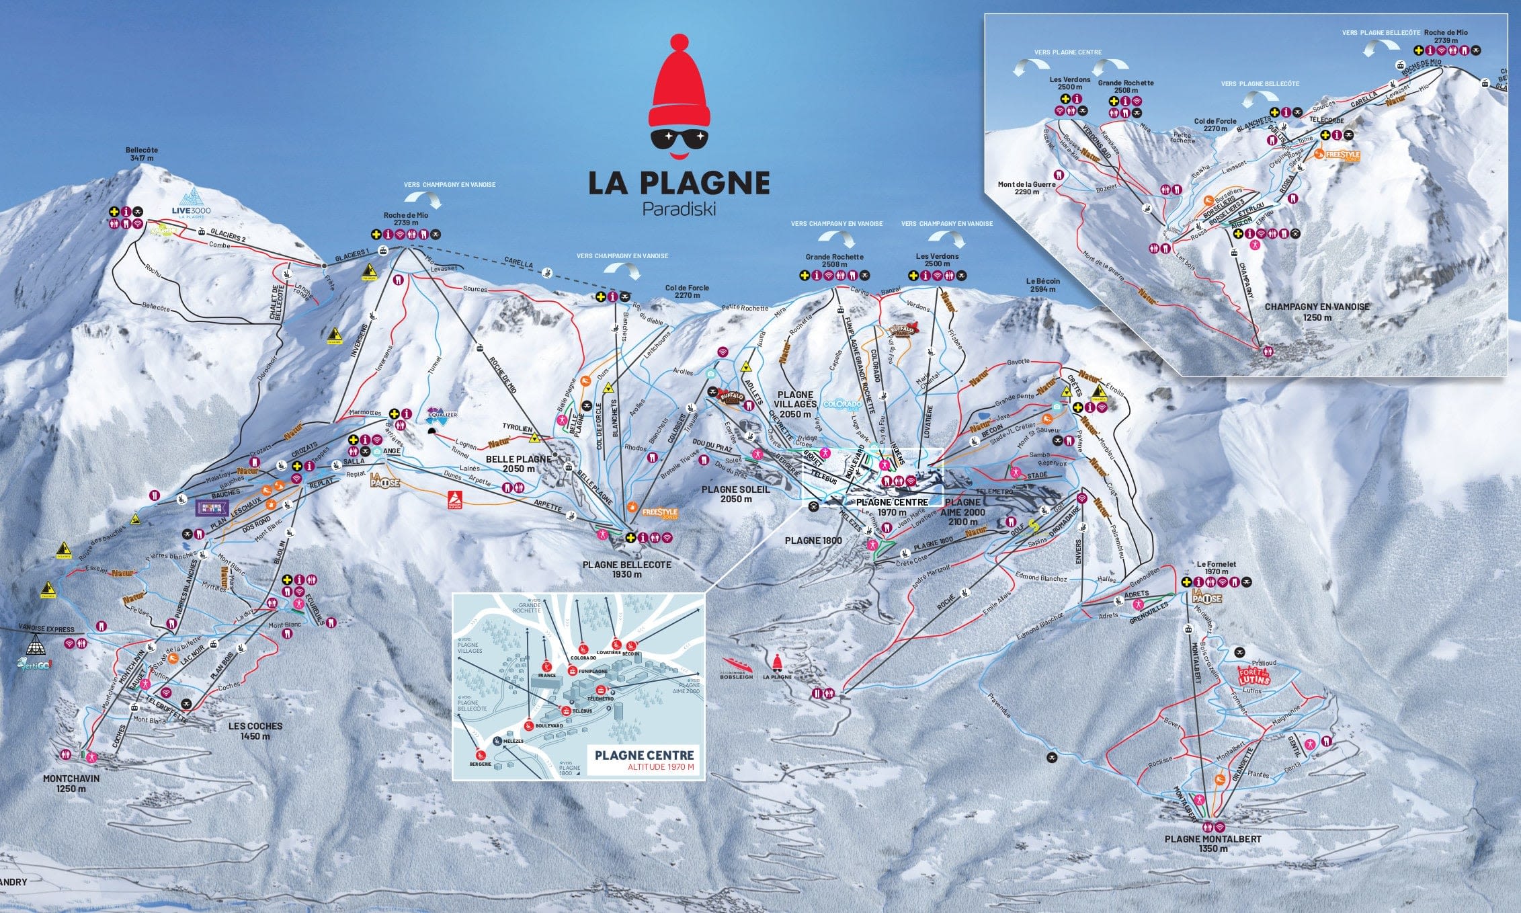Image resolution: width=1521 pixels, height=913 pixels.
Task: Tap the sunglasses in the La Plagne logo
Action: [x=680, y=139]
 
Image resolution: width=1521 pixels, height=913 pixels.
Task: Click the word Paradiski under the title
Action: [x=679, y=209]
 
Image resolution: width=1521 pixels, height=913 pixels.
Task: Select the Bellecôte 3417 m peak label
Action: [x=141, y=155]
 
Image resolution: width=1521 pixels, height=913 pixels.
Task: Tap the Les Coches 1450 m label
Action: [x=255, y=731]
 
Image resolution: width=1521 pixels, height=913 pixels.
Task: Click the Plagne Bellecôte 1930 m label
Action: [x=626, y=569]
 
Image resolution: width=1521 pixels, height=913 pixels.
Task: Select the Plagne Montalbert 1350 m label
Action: [x=1212, y=844]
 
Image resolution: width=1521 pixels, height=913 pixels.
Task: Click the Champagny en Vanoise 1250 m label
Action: [x=1317, y=311]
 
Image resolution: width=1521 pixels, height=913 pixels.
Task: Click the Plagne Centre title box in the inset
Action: [x=644, y=760]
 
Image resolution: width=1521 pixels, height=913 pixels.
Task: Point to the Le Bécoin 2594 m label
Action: [x=1042, y=285]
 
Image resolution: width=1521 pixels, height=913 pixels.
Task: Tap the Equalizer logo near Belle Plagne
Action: [x=442, y=413]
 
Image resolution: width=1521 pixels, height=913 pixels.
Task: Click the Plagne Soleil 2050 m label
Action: [x=735, y=494]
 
